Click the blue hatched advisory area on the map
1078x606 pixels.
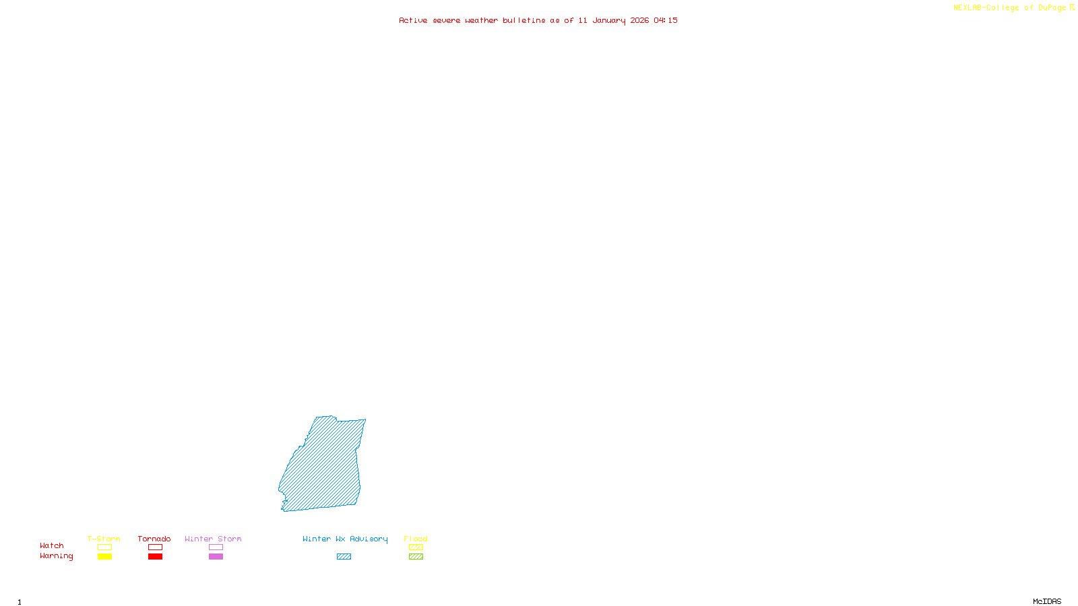pyautogui.click(x=323, y=465)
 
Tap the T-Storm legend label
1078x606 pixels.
pyautogui.click(x=104, y=539)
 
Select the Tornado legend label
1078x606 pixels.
pyautogui.click(x=154, y=539)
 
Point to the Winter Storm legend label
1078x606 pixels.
pyautogui.click(x=213, y=539)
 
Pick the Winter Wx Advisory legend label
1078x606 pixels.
pyautogui.click(x=345, y=539)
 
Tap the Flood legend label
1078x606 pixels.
pyautogui.click(x=416, y=539)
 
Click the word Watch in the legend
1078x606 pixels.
pyautogui.click(x=52, y=546)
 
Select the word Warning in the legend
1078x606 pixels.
pyautogui.click(x=57, y=556)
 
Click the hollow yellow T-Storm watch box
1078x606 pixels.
pyautogui.click(x=104, y=547)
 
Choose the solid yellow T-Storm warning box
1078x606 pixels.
pyautogui.click(x=104, y=557)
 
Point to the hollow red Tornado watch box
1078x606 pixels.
pyautogui.click(x=155, y=547)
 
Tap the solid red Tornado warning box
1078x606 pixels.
pyautogui.click(x=155, y=557)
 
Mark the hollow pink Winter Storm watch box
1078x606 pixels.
pyautogui.click(x=216, y=547)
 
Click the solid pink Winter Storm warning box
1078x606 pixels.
pyautogui.click(x=216, y=557)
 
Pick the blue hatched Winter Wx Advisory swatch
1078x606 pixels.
pyautogui.click(x=344, y=557)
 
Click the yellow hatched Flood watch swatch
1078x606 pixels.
pyautogui.click(x=416, y=547)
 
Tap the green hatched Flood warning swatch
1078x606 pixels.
pyautogui.click(x=416, y=557)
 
